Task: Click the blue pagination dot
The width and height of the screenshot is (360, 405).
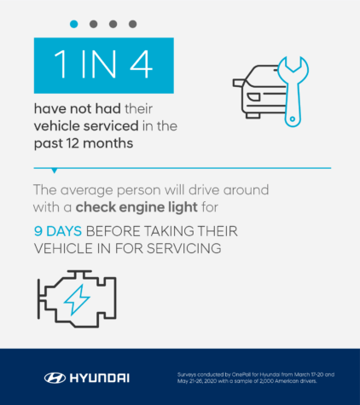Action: tap(74, 24)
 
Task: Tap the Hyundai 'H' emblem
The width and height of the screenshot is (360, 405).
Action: tap(54, 377)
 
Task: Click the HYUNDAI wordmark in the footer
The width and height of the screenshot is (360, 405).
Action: tap(100, 377)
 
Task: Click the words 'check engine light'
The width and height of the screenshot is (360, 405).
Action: tap(124, 205)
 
